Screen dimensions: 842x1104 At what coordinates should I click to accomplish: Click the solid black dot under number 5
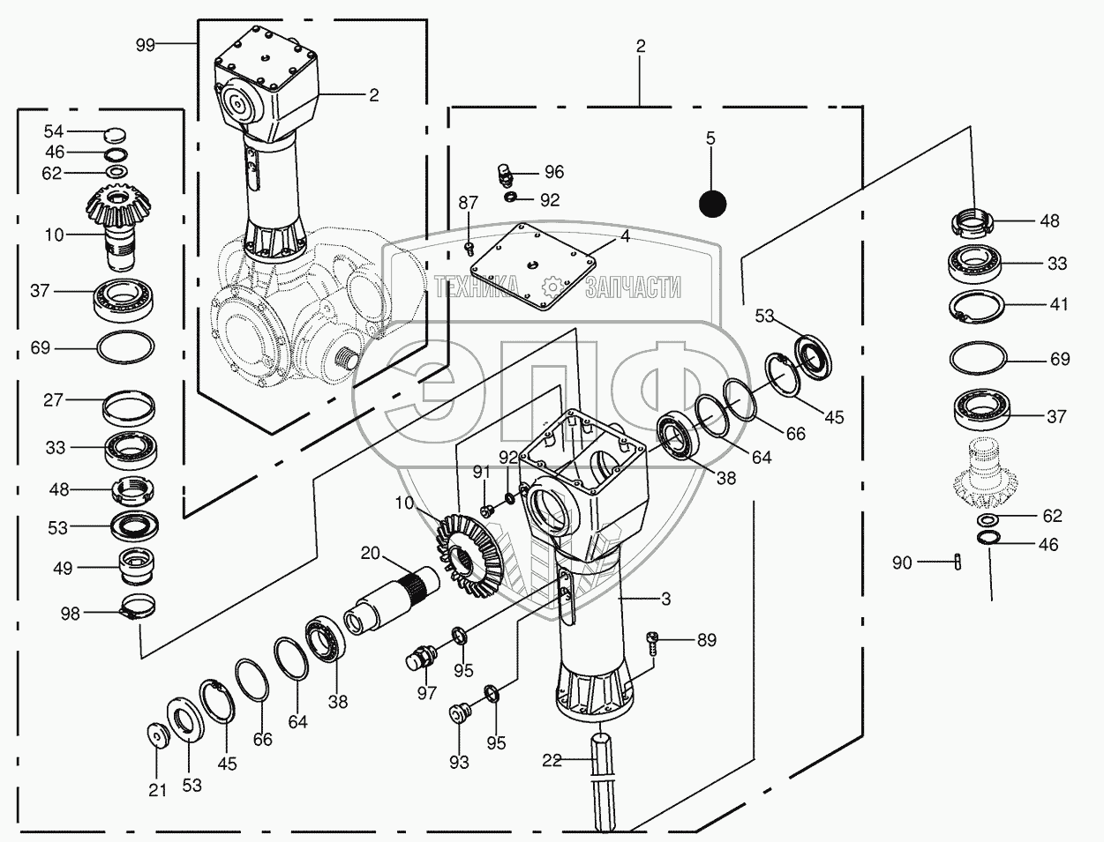tap(711, 204)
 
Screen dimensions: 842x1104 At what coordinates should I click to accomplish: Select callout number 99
tap(146, 44)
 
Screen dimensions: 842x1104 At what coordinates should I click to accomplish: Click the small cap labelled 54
tap(116, 135)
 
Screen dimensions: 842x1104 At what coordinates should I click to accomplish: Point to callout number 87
tap(468, 204)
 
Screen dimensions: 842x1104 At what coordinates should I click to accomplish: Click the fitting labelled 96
tap(505, 173)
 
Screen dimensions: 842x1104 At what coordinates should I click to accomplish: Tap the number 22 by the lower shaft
tap(552, 760)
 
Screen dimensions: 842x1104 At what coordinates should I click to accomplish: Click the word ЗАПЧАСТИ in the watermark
tap(632, 286)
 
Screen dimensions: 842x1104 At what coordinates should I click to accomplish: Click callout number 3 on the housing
tap(665, 599)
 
